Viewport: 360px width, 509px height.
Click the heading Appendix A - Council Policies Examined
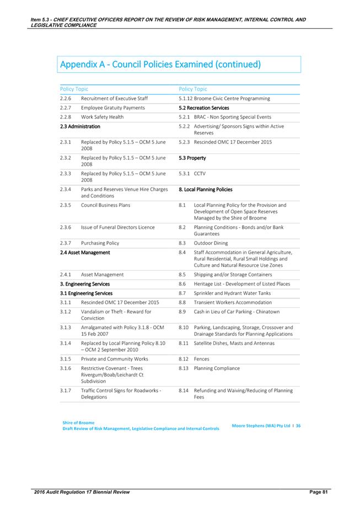(160, 65)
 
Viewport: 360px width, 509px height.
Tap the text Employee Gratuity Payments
(112, 108)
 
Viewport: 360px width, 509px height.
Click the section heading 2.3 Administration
(80, 127)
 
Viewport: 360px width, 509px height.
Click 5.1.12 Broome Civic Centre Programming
(224, 99)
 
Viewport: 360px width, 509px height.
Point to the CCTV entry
(200, 174)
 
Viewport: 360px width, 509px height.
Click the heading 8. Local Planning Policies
(206, 190)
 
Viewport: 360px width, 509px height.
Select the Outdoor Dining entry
(211, 243)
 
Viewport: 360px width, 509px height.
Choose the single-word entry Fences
(201, 358)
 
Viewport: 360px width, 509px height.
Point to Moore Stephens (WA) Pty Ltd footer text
(262, 425)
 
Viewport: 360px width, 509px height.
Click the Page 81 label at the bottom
(317, 491)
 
